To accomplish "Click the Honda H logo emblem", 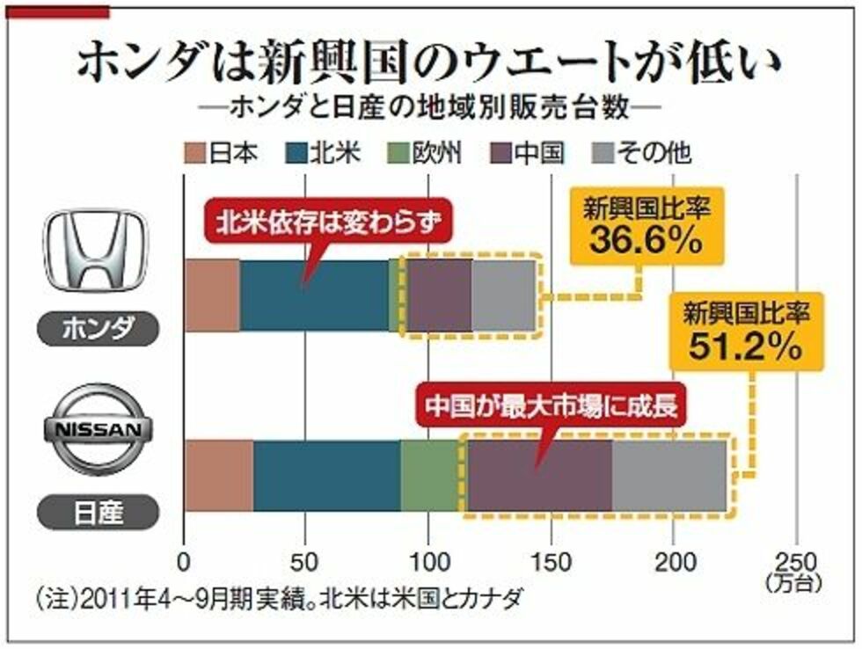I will (x=97, y=252).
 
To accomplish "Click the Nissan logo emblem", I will (x=97, y=432).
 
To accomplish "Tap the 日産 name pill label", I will (x=98, y=509).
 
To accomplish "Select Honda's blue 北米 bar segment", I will (x=314, y=296).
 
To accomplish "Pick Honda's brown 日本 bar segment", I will (x=212, y=296).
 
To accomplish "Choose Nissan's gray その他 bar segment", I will (x=668, y=476).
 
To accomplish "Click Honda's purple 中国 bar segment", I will (x=439, y=296).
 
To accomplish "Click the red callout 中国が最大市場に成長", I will (x=554, y=408).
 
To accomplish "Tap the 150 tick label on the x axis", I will (x=552, y=561).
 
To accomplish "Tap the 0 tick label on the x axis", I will (x=184, y=561).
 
